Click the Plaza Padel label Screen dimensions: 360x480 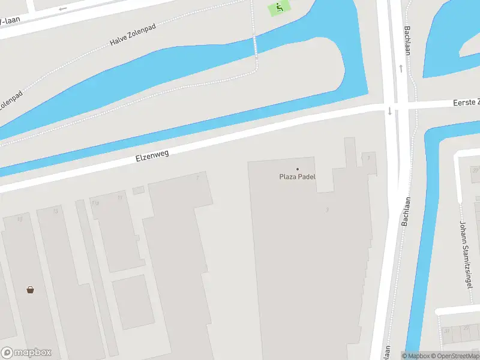tap(297, 176)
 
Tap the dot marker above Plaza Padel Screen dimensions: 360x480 tap(297, 169)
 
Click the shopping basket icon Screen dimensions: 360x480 tap(30, 290)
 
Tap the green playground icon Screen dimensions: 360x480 tap(278, 8)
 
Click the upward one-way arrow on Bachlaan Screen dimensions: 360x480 tap(400, 68)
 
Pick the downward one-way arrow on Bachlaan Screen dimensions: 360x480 tap(389, 111)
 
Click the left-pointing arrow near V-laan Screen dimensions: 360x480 tap(62, 9)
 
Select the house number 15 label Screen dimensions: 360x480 tap(20, 219)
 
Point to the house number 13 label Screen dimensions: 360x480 tap(56, 211)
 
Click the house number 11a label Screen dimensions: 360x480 tap(95, 203)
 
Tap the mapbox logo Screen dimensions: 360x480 tap(26, 353)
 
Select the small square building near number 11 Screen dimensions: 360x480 tap(139, 190)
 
